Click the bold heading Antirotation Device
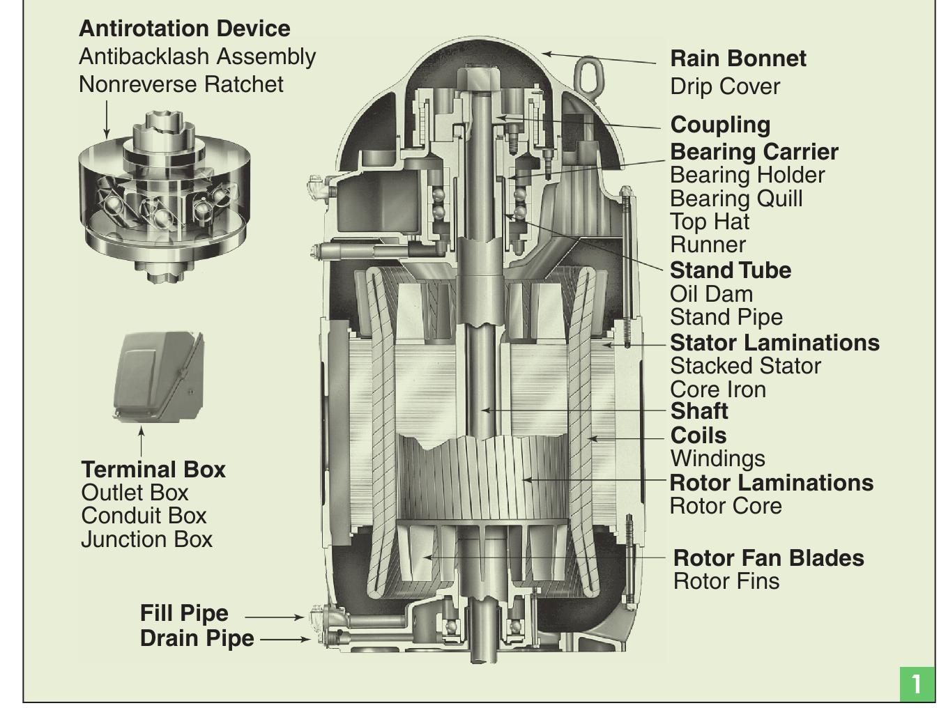tap(184, 29)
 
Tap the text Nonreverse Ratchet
tap(181, 84)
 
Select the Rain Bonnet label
tap(738, 59)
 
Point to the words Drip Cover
tap(724, 87)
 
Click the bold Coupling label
tap(720, 125)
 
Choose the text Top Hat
tap(709, 222)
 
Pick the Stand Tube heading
tap(730, 270)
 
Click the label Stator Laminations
tap(774, 343)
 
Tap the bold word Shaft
tap(698, 411)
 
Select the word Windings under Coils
tap(717, 459)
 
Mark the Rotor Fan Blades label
tap(768, 558)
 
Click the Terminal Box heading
tap(153, 470)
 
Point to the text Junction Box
tap(146, 539)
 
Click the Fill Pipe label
tap(184, 613)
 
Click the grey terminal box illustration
tap(158, 377)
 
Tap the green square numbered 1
tap(916, 683)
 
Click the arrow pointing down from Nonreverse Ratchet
tap(107, 118)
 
